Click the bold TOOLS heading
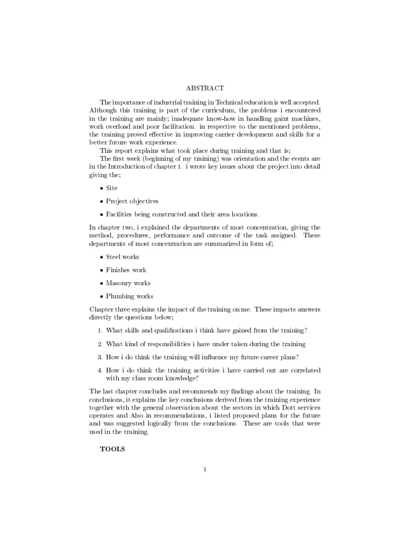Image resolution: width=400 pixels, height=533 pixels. click(x=113, y=449)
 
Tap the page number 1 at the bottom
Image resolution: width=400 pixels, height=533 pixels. click(x=205, y=469)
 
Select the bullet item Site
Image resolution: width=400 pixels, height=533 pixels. click(x=112, y=187)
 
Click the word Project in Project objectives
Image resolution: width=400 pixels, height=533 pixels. click(x=117, y=201)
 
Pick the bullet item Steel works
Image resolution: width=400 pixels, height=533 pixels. click(x=122, y=257)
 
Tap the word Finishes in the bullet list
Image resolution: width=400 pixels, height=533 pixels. click(x=119, y=270)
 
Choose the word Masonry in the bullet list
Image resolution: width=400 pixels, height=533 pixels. click(x=119, y=283)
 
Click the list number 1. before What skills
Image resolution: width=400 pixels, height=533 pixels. click(x=99, y=331)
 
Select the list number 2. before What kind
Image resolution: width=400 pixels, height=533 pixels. click(x=99, y=344)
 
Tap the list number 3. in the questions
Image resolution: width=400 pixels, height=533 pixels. click(x=99, y=357)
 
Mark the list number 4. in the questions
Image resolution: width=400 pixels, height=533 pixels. click(x=99, y=370)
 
